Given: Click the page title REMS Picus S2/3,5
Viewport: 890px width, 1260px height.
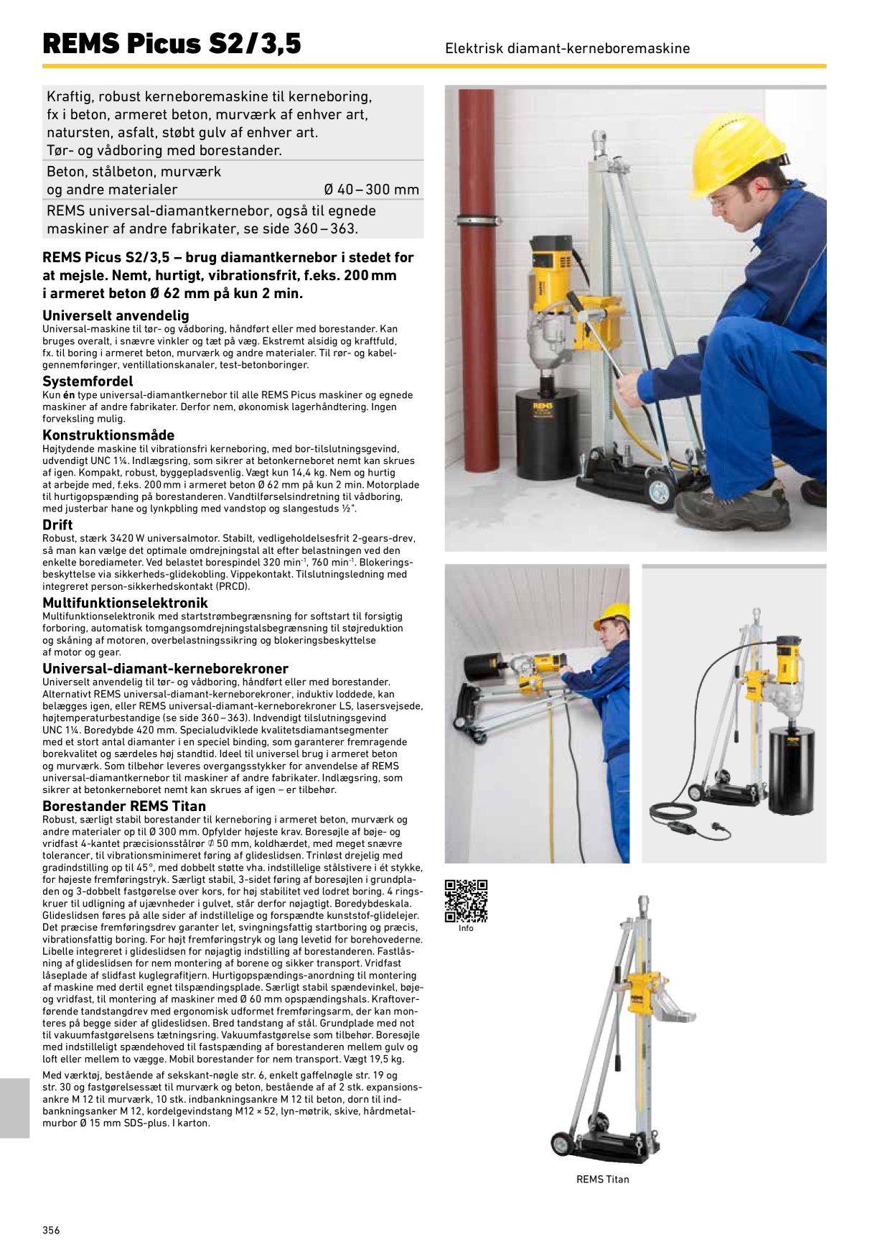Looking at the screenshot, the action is point(172,44).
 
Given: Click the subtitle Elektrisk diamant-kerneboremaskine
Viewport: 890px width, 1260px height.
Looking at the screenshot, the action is point(567,48).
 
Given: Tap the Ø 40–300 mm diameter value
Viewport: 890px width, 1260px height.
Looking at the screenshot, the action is point(371,190).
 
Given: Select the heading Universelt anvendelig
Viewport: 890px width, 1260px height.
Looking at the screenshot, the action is point(116,315).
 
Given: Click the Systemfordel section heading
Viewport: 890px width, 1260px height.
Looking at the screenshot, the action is point(88,381).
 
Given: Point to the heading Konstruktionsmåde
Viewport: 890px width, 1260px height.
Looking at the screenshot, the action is point(108,435).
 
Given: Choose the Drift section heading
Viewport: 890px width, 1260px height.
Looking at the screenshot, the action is point(57,524).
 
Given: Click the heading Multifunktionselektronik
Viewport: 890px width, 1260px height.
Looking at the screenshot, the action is point(125,603).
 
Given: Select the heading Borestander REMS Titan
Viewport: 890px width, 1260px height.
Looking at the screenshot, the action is point(124,806).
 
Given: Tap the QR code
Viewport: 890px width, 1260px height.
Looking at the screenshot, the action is point(466,901).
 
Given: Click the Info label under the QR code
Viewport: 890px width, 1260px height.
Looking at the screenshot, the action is point(466,928).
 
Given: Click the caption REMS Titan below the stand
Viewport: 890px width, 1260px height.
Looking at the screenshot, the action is point(602,1180).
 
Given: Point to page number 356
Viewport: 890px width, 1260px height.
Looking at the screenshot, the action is point(51,1230).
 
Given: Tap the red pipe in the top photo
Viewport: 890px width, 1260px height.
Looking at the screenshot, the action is point(477,273).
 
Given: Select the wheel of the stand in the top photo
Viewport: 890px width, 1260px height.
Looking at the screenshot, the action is point(657,490).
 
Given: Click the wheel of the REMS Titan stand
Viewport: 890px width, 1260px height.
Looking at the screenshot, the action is point(561,1144).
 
